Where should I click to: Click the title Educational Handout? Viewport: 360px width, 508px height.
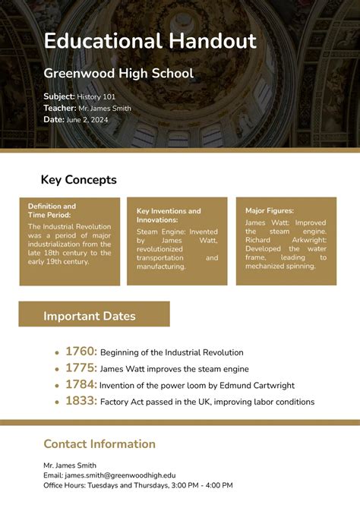(x=150, y=41)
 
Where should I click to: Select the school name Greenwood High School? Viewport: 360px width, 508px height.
(x=118, y=74)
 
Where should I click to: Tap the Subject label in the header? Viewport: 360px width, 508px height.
(x=58, y=96)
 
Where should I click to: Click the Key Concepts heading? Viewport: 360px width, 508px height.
(x=78, y=180)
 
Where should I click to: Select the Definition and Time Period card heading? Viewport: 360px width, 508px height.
(x=52, y=211)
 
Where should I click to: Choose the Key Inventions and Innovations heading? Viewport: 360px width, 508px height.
(x=169, y=215)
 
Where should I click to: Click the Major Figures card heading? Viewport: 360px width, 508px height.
(x=269, y=210)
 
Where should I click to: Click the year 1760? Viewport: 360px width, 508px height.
(x=81, y=352)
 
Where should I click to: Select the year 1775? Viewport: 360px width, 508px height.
(x=81, y=368)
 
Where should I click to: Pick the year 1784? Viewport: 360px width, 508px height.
(x=81, y=385)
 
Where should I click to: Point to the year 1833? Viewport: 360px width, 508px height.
(x=81, y=402)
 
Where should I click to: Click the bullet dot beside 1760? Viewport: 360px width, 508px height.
(x=56, y=353)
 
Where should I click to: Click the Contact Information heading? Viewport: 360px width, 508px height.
(x=99, y=444)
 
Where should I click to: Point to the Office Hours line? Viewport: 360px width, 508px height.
(x=137, y=485)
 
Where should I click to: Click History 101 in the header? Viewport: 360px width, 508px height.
(x=98, y=96)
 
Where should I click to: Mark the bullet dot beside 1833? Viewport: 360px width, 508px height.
(x=56, y=402)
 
